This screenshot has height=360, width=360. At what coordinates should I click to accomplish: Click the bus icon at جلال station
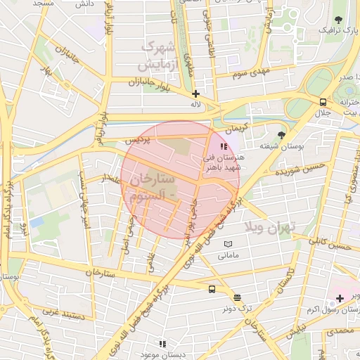click(323, 101)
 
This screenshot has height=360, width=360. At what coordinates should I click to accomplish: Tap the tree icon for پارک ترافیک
click(339, 20)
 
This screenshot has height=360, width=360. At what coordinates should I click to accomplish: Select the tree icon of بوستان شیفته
click(283, 134)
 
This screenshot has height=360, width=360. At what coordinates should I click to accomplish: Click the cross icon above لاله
click(195, 93)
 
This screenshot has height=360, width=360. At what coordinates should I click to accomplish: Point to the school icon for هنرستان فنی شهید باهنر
click(224, 147)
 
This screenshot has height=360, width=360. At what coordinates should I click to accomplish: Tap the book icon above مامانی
click(227, 244)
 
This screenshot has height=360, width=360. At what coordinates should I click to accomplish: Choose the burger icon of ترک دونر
click(236, 297)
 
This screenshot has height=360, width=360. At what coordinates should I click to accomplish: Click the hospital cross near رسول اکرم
click(340, 299)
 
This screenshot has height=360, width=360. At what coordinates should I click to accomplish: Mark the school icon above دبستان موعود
click(162, 344)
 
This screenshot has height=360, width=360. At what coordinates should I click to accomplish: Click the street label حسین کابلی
click(330, 244)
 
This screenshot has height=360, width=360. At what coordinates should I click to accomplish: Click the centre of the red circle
click(180, 180)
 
